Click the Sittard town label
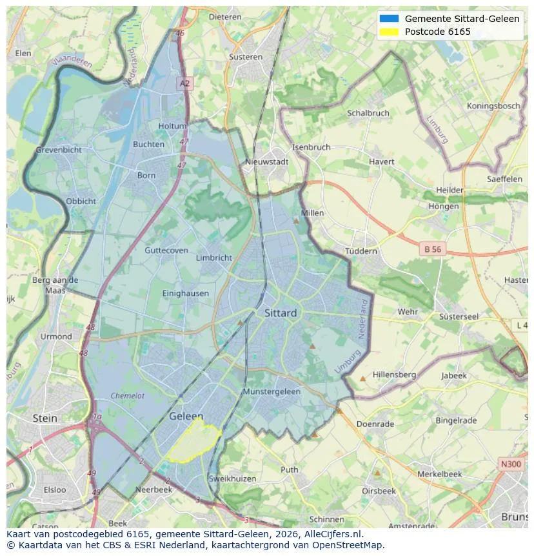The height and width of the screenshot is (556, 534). point(281,313)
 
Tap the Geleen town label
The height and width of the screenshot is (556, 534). point(186,417)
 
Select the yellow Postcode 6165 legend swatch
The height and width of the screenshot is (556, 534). point(389,32)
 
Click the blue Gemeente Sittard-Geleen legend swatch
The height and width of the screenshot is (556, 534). point(389,19)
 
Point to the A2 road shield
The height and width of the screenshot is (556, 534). point(185,83)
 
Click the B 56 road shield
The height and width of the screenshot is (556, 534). point(431,249)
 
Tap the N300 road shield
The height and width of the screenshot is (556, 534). point(511,464)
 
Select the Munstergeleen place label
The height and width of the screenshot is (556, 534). point(272,392)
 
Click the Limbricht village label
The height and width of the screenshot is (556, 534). point(213,258)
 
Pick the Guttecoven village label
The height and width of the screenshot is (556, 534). point(166,251)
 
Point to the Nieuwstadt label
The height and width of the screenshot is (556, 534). point(267,162)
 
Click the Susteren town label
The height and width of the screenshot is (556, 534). point(245,57)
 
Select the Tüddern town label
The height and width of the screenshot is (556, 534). point(361,251)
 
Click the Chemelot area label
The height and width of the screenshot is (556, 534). point(128,396)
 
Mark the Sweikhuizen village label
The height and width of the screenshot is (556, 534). point(232,479)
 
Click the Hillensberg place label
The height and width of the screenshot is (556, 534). point(394,375)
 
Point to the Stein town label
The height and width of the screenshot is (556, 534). point(44,418)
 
